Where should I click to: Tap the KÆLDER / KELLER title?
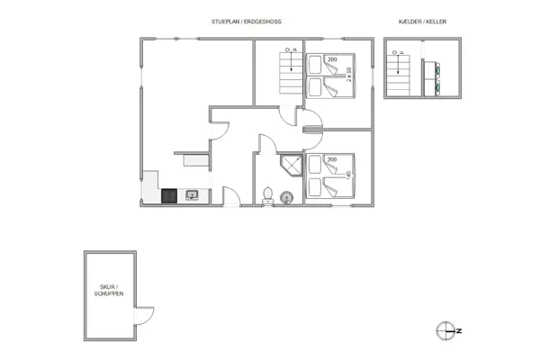[x=422, y=21]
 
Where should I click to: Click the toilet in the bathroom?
[x=267, y=195]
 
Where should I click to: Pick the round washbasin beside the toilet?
[x=287, y=196]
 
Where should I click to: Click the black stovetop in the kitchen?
[x=167, y=194]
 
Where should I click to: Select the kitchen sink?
[x=191, y=194]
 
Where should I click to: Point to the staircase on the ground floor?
[x=290, y=72]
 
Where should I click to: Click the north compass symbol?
[x=447, y=331]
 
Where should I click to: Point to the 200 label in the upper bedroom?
[x=332, y=59]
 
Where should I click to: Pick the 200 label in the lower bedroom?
[x=332, y=159]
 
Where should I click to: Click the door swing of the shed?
[x=143, y=316]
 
